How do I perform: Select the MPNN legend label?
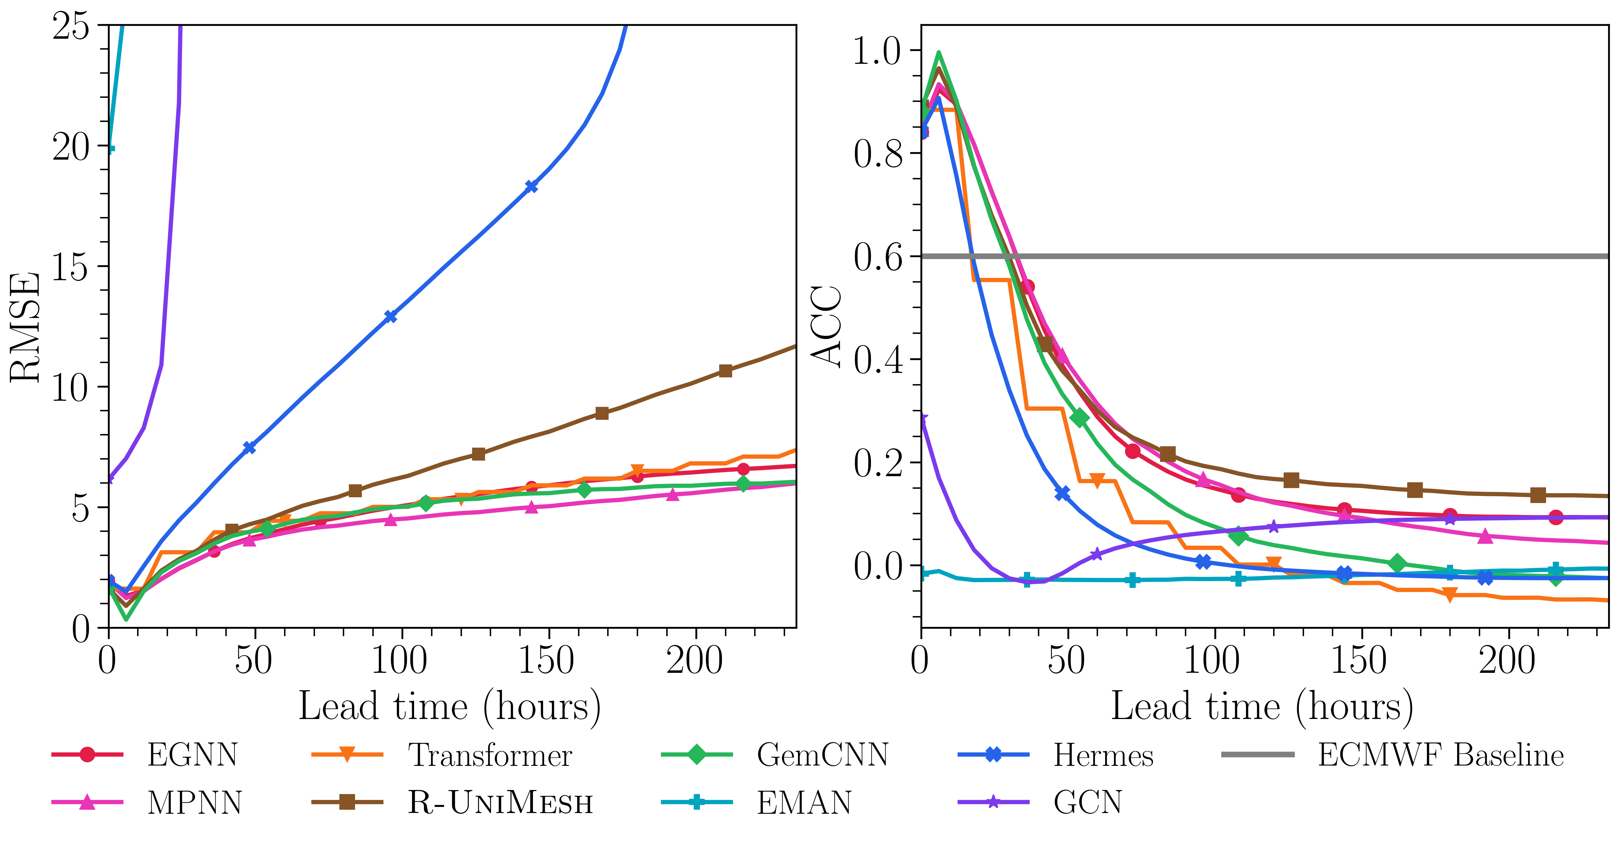[x=194, y=803]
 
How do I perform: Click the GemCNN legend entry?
[x=822, y=755]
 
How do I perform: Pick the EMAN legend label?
[x=804, y=803]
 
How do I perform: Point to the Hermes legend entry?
[x=1103, y=755]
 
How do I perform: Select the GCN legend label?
[x=1087, y=803]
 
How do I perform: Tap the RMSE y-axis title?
[x=25, y=327]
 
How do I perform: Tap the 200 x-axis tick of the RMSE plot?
[x=694, y=660]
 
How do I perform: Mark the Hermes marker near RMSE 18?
[x=531, y=187]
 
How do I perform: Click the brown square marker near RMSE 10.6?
[x=725, y=371]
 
